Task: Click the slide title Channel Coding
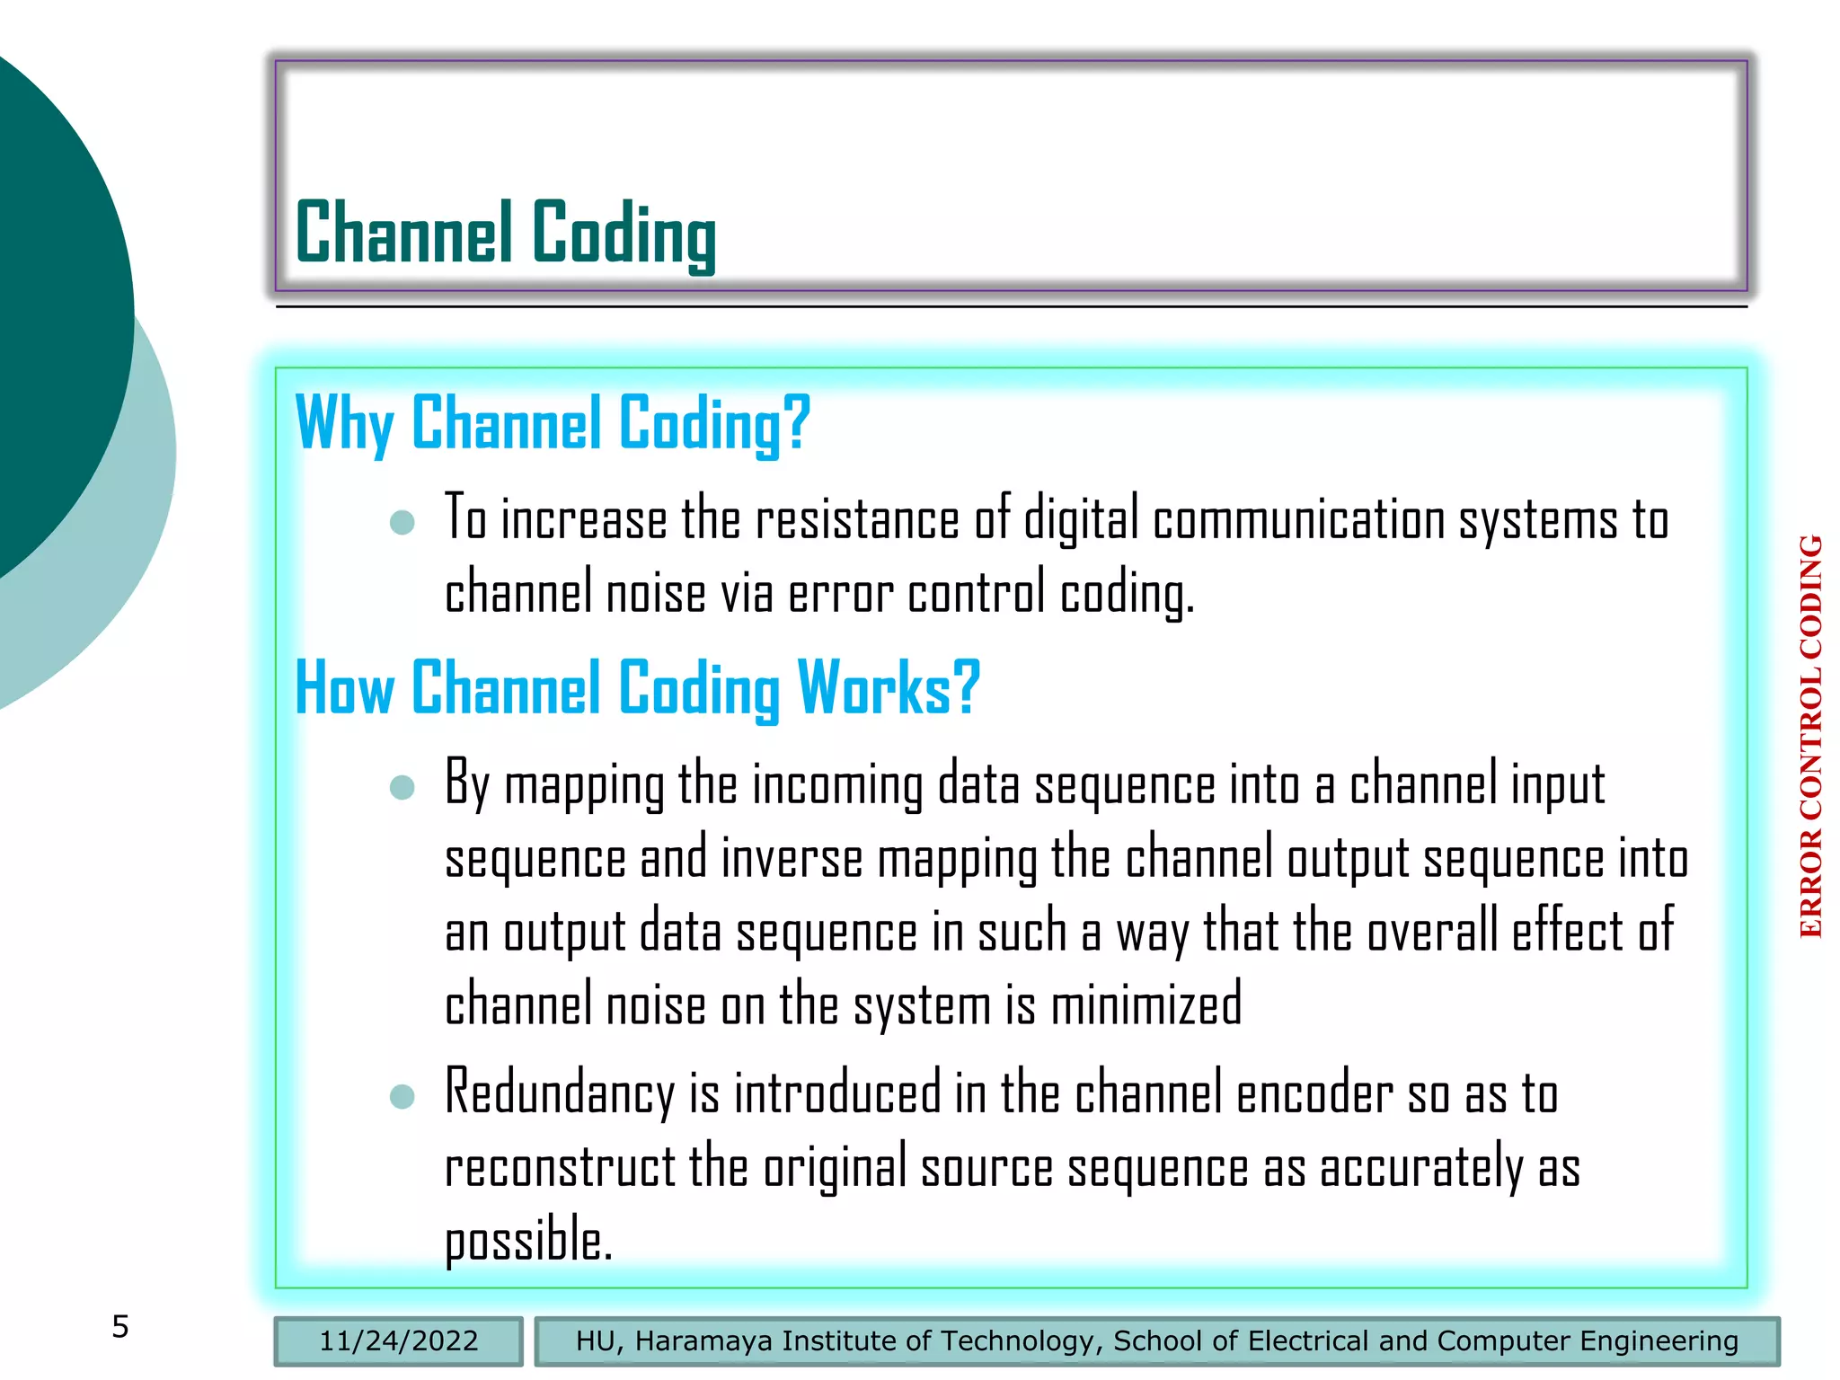[506, 233]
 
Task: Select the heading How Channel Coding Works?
[637, 688]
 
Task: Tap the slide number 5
[120, 1327]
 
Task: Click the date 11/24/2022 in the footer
[398, 1341]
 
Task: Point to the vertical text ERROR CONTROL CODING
[1810, 737]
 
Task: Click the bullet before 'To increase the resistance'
[402, 522]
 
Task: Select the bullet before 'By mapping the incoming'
[402, 787]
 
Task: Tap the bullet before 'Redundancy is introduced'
[402, 1096]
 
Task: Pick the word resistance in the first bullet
[857, 522]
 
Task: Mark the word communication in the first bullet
[1298, 522]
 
